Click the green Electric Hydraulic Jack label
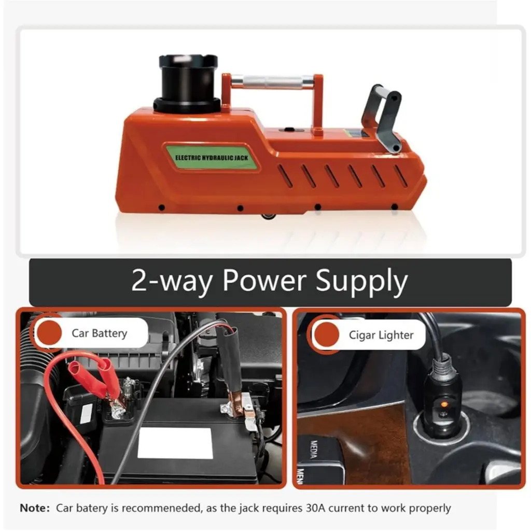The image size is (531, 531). click(212, 157)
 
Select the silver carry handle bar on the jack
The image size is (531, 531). click(272, 82)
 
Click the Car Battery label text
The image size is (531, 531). click(99, 333)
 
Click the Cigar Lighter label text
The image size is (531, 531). click(381, 335)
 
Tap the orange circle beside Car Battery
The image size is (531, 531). click(50, 332)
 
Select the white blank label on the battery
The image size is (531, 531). click(175, 443)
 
